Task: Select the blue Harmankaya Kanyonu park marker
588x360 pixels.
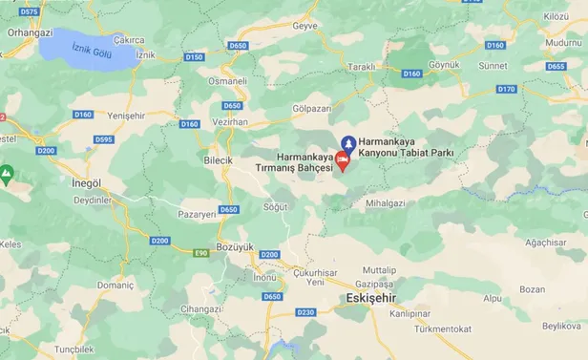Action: point(349,143)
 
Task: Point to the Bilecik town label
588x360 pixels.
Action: point(219,159)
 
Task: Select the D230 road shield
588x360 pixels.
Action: point(305,311)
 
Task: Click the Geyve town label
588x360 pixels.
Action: point(305,26)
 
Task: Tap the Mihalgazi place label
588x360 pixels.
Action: point(386,203)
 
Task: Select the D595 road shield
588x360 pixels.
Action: point(105,139)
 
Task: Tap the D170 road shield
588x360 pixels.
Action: point(506,89)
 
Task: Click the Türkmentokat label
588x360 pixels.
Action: point(437,328)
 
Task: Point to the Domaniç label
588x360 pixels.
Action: point(115,285)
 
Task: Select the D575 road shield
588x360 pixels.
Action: point(30,11)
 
